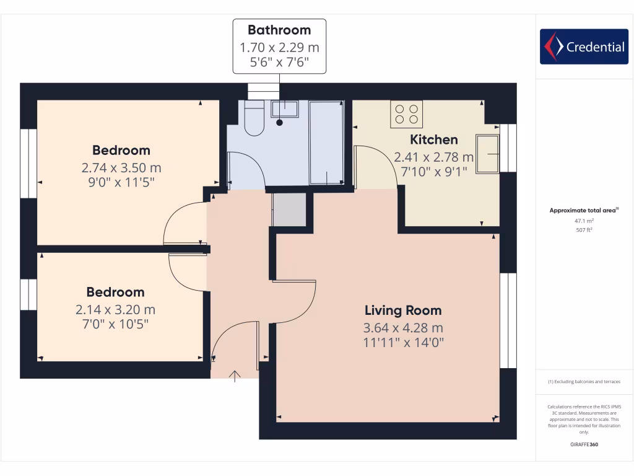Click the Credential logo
click(x=584, y=46)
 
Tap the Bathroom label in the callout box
click(x=279, y=30)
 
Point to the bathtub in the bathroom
click(x=327, y=143)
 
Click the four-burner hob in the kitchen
click(x=406, y=114)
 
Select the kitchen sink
click(x=487, y=153)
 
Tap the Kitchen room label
click(x=434, y=139)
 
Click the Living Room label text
click(x=403, y=311)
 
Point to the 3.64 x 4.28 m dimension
click(x=403, y=328)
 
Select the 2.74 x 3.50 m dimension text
click(x=121, y=167)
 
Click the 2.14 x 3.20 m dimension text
click(x=115, y=309)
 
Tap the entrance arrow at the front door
click(x=235, y=376)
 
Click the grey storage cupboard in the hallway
click(x=290, y=209)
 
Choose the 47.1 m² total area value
click(x=584, y=220)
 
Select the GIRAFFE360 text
click(x=584, y=444)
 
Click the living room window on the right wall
click(x=508, y=320)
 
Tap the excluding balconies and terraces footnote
click(x=584, y=382)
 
